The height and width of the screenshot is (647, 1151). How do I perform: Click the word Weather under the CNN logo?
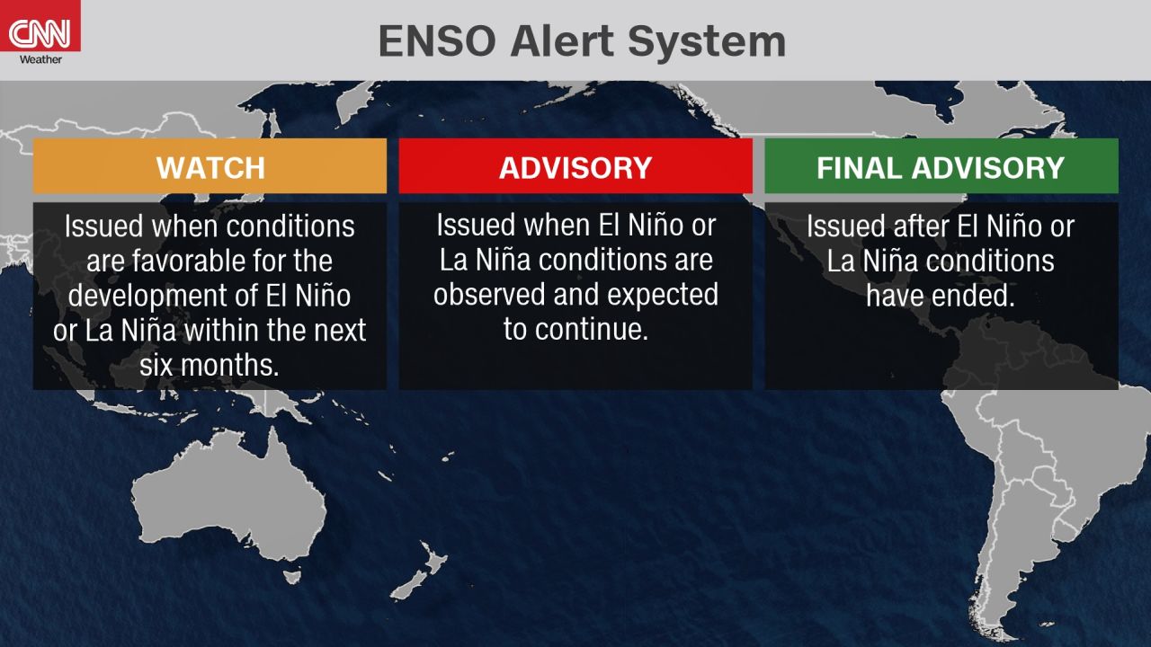(x=40, y=59)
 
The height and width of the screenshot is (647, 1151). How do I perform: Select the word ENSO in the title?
(x=437, y=41)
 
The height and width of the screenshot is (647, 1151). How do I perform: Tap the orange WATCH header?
(x=210, y=166)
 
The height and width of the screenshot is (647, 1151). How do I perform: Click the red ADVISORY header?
(x=575, y=166)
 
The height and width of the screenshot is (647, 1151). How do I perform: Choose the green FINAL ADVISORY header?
(x=941, y=166)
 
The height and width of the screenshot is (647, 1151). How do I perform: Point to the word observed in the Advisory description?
(x=490, y=295)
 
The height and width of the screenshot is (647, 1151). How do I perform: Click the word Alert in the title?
(x=562, y=41)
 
